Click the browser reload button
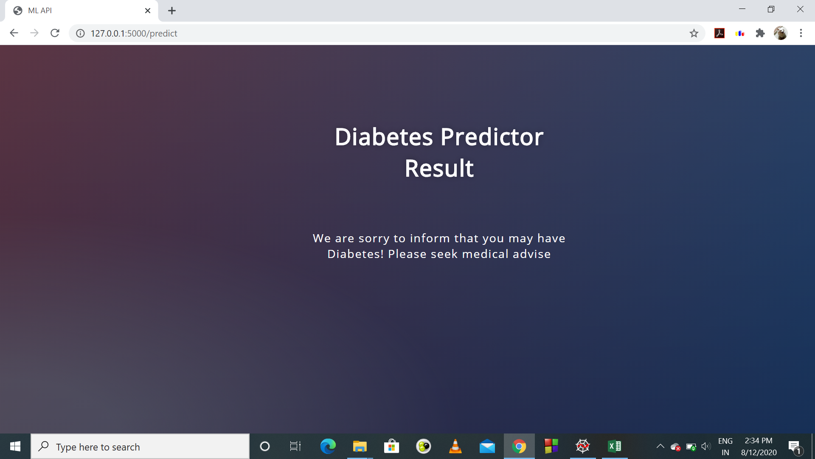[x=55, y=33]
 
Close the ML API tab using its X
[x=148, y=11]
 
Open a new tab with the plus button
[x=171, y=11]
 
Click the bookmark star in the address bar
[x=694, y=33]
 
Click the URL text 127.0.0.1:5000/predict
[x=134, y=33]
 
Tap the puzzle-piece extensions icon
[x=760, y=33]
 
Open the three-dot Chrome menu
[x=801, y=33]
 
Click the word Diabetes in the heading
[x=384, y=137]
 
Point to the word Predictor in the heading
[x=492, y=137]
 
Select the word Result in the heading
[x=439, y=168]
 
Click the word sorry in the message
[x=374, y=238]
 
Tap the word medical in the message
[x=485, y=254]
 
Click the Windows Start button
[x=15, y=446]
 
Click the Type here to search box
[x=140, y=447]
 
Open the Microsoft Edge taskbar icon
[x=328, y=446]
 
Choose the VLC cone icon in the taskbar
[x=455, y=446]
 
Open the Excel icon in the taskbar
[x=614, y=446]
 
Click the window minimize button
[x=742, y=9]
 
